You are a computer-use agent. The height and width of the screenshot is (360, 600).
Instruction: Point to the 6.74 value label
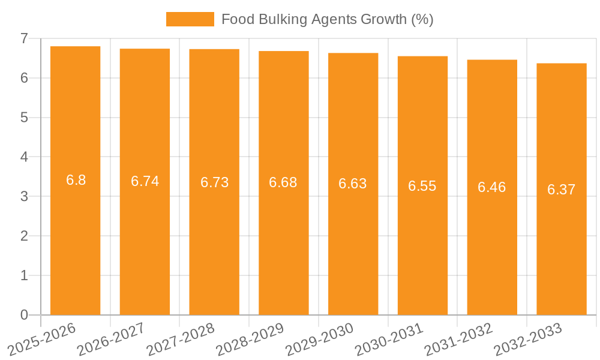tap(145, 181)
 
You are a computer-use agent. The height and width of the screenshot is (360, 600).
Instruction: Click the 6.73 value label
tap(214, 182)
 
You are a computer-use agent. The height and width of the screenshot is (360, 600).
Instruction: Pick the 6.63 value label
tap(353, 184)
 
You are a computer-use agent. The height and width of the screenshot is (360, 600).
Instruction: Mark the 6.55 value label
tap(422, 186)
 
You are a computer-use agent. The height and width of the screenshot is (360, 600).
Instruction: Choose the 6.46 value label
tap(492, 187)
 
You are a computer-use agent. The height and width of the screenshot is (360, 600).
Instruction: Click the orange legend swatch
tap(190, 19)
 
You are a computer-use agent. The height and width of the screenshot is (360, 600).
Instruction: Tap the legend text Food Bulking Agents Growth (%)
tap(327, 19)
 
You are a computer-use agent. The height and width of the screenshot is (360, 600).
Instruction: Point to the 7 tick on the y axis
tap(24, 38)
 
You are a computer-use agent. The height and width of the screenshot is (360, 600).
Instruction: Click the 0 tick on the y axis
tap(24, 315)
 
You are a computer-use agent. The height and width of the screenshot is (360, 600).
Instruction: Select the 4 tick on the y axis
tap(24, 157)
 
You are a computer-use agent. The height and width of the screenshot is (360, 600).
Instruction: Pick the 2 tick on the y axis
tap(24, 236)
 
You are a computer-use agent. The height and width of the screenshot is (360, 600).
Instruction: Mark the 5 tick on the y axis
tap(24, 118)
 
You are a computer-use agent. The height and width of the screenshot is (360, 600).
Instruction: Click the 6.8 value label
tap(76, 180)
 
